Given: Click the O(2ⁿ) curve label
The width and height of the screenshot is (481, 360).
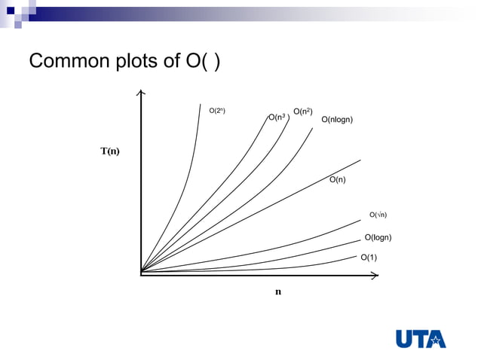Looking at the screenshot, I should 216,111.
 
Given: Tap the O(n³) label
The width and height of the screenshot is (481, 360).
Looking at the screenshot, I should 277,117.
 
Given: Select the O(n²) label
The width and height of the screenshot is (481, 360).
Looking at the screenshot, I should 302,112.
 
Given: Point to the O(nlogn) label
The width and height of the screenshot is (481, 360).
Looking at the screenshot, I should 337,120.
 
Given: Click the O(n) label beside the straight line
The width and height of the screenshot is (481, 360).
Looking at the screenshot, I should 338,180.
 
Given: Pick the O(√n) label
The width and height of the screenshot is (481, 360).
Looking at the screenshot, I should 378,215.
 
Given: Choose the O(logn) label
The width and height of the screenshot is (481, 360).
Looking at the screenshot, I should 378,238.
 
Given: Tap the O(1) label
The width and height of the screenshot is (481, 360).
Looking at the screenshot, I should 369,258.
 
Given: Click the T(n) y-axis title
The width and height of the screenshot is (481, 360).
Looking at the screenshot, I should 110,151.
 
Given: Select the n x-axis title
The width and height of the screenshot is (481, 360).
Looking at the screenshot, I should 277,291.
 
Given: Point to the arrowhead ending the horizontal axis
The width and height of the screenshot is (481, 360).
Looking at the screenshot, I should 374,276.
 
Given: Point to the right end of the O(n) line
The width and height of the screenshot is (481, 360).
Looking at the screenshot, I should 360,160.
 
